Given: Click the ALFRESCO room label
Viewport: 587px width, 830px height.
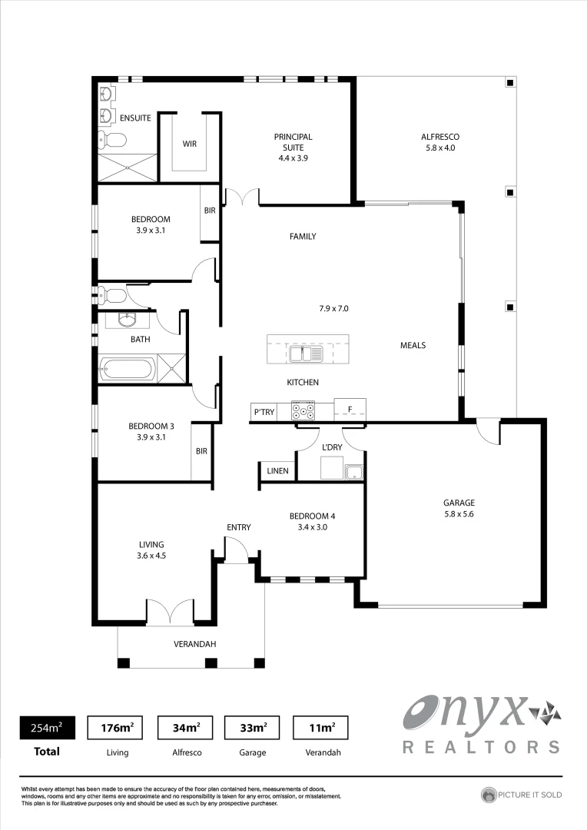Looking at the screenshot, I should click(439, 137).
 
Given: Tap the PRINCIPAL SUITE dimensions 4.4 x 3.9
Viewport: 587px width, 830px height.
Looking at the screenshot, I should click(293, 158).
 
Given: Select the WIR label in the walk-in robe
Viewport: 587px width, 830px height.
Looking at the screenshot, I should click(190, 144).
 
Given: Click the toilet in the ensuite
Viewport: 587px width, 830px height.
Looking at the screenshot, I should click(113, 140).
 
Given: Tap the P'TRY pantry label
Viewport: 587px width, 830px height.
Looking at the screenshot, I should click(264, 413).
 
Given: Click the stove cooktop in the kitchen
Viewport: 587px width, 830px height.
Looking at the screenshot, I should click(300, 413).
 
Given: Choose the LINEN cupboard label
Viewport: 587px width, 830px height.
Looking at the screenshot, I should click(277, 471).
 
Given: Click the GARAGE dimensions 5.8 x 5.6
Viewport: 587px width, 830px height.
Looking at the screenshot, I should click(459, 515).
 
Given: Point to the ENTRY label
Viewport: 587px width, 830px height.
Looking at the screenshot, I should click(238, 527).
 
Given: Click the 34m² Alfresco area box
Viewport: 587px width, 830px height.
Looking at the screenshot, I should click(185, 727).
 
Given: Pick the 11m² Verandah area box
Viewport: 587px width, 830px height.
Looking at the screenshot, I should click(320, 727).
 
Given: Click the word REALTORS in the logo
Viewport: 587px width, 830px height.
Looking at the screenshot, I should click(482, 746).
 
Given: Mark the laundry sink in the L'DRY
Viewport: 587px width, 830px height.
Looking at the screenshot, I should click(353, 472).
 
